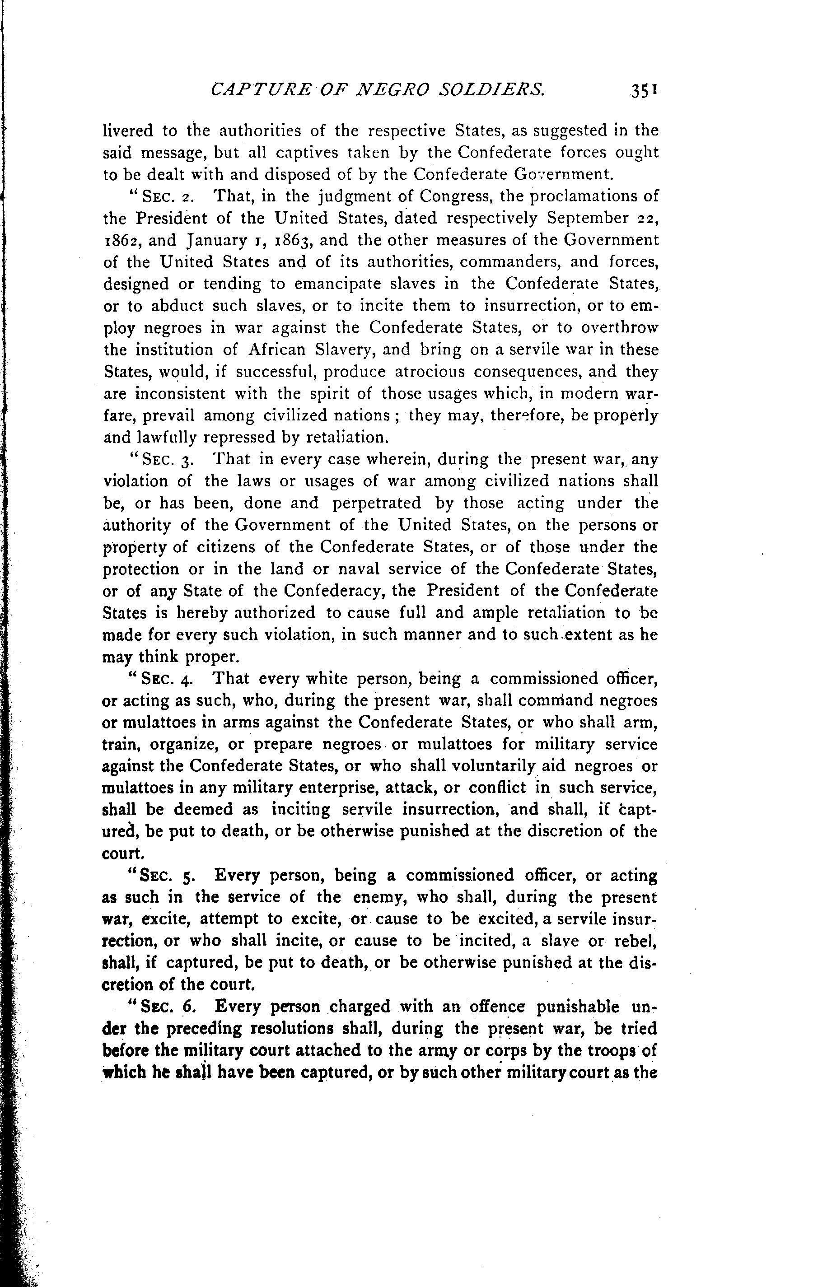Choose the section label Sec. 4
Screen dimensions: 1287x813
pos(163,679)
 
